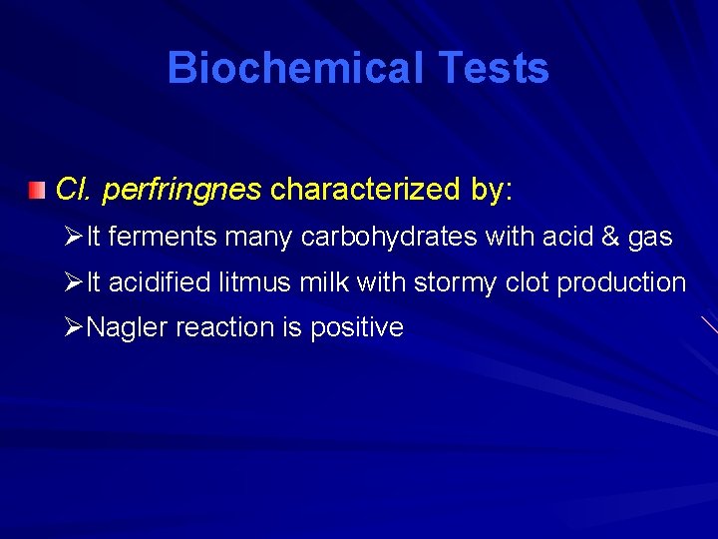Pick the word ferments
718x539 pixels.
[164, 238]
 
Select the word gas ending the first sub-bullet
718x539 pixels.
[650, 239]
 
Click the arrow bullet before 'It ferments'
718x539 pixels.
[72, 238]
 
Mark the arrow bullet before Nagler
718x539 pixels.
[72, 327]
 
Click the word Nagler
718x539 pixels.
[128, 328]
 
